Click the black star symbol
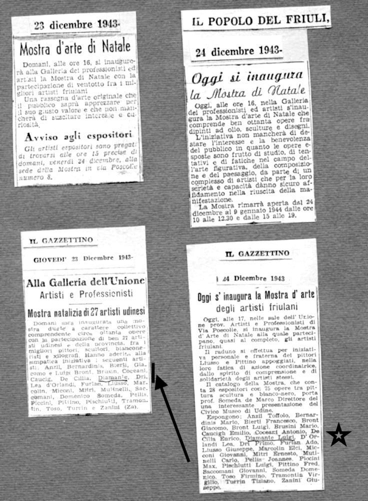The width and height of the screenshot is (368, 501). point(338,434)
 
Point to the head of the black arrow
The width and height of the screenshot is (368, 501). point(157,380)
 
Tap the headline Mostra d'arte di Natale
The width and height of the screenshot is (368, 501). point(75,48)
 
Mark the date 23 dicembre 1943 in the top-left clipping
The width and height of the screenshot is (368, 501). point(76,24)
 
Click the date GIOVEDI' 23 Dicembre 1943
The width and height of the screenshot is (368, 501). point(82,259)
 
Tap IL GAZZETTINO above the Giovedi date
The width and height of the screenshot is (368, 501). point(61,240)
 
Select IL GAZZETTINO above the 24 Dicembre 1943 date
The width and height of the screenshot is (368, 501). point(257,254)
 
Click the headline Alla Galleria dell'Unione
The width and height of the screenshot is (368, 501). point(85,283)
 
